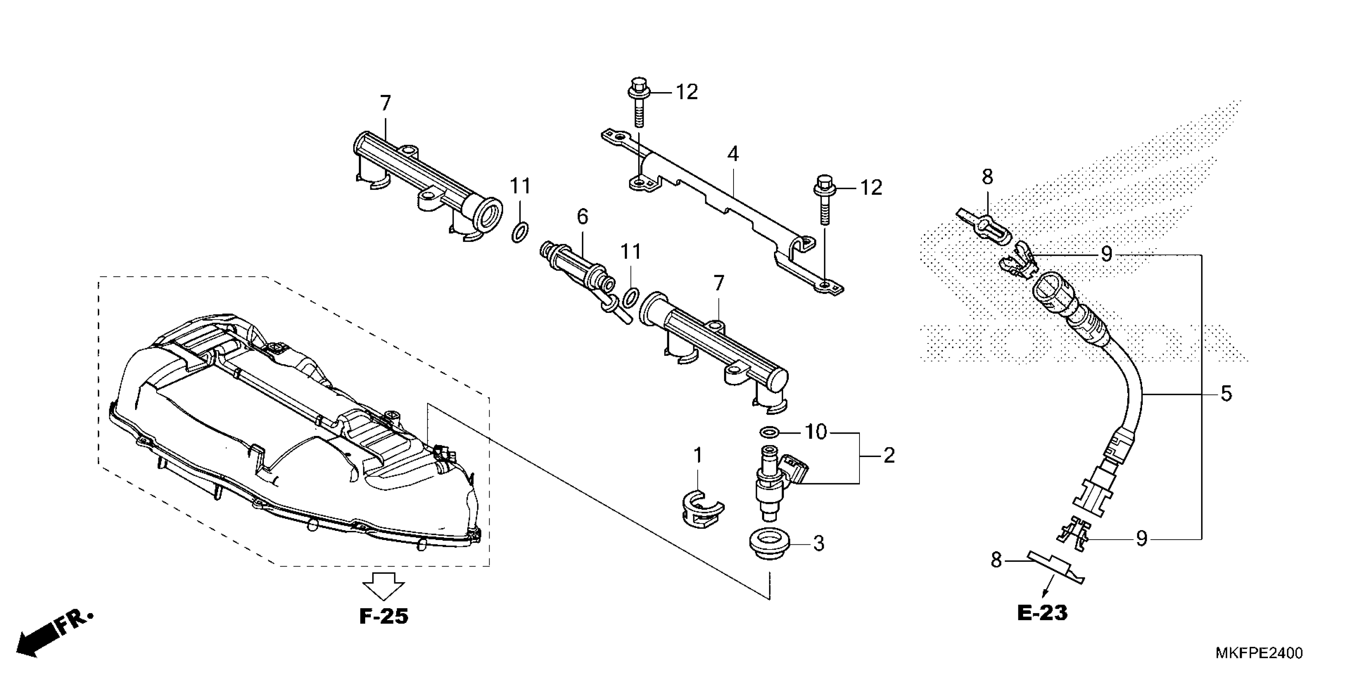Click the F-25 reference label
pyautogui.click(x=383, y=616)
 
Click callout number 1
pyautogui.click(x=697, y=455)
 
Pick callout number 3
pyautogui.click(x=819, y=544)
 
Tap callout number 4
pyautogui.click(x=733, y=154)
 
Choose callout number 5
pyautogui.click(x=1226, y=393)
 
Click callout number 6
pyautogui.click(x=583, y=216)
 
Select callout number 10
pyautogui.click(x=815, y=432)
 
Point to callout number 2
pyautogui.click(x=888, y=455)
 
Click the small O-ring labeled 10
pyautogui.click(x=769, y=432)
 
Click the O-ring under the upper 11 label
pyautogui.click(x=519, y=231)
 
